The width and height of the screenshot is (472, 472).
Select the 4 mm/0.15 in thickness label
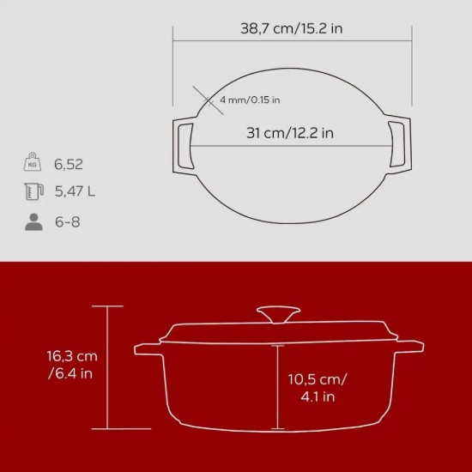[250, 100]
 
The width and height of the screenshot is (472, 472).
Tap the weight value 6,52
[68, 164]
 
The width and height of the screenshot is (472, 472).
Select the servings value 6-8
[66, 221]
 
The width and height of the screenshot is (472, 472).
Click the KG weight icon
[33, 163]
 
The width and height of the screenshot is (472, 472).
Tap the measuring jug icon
[33, 191]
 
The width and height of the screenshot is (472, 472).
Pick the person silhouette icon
[33, 221]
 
